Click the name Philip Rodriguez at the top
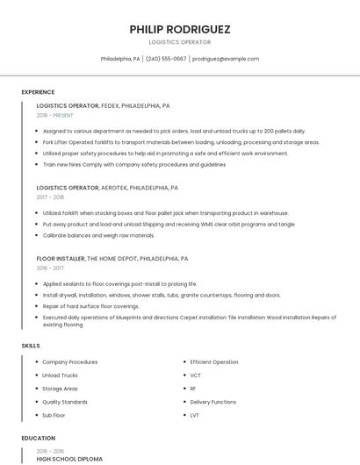pyautogui.click(x=180, y=29)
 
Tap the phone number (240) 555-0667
pyautogui.click(x=166, y=59)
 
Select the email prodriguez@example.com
pyautogui.click(x=226, y=59)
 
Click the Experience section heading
pyautogui.click(x=38, y=92)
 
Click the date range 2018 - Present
pyautogui.click(x=55, y=115)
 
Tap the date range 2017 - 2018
pyautogui.click(x=50, y=197)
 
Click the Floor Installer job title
pyautogui.click(x=61, y=259)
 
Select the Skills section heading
pyautogui.click(x=31, y=346)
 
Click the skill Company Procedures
pyautogui.click(x=69, y=361)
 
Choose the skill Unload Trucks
pyautogui.click(x=60, y=375)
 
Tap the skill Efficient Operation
pyautogui.click(x=213, y=361)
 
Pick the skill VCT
pyautogui.click(x=195, y=375)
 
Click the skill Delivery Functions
pyautogui.click(x=212, y=401)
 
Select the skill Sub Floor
pyautogui.click(x=54, y=414)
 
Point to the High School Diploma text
pyautogui.click(x=69, y=459)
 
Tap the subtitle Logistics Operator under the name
pyautogui.click(x=180, y=41)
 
